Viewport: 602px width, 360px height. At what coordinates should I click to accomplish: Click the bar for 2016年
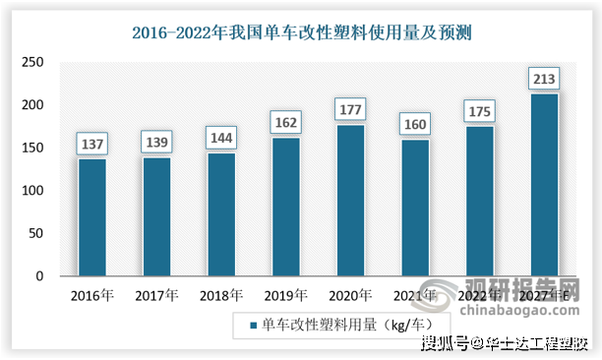(x=91, y=217)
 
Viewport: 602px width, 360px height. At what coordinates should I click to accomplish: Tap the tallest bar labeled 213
(x=543, y=185)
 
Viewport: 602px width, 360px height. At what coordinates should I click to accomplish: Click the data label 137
(x=91, y=146)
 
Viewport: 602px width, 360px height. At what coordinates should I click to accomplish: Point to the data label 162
(x=285, y=124)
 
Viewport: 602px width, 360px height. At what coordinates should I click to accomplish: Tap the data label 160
(x=414, y=126)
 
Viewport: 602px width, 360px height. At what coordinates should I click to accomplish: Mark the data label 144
(x=220, y=140)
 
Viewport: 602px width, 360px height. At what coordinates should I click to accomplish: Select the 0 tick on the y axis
(x=39, y=276)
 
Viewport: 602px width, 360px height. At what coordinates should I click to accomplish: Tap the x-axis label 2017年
(x=156, y=293)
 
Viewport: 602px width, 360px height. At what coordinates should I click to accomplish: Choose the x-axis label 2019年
(x=285, y=293)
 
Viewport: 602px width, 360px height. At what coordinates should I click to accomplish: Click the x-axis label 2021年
(x=414, y=293)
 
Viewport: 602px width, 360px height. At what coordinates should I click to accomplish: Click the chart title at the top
(x=302, y=31)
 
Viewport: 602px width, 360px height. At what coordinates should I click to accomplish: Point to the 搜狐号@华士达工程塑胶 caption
(x=505, y=344)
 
